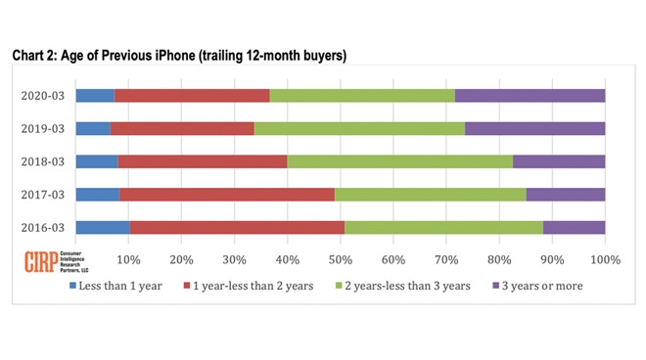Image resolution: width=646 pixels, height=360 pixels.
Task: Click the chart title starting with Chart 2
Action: pos(179,56)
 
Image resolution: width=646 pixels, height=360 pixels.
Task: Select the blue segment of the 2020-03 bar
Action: pos(94,95)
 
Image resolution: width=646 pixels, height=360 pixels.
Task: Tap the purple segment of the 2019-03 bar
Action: pos(534,128)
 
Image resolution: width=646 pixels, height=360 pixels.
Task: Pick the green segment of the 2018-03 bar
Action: pos(399,161)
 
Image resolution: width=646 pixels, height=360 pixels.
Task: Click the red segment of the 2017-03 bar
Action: pos(227,194)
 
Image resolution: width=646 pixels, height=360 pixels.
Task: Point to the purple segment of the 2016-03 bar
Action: pos(574,227)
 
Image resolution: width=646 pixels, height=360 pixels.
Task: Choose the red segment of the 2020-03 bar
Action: pos(192,95)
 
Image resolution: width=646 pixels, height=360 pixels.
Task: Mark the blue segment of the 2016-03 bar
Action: pos(102,227)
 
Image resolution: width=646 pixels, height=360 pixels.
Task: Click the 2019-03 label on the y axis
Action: pos(44,128)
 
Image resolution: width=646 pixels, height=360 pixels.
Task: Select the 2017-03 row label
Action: pos(44,195)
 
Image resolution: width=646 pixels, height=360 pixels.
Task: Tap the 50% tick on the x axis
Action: pos(340,259)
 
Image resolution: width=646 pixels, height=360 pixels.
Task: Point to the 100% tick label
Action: pos(605,259)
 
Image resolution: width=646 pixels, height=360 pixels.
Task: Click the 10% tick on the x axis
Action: pos(128,259)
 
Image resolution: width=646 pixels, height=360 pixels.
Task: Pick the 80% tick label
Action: pos(499,259)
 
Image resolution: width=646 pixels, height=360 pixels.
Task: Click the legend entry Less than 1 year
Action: pos(115,286)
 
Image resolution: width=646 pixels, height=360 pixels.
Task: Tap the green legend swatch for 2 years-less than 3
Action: pos(340,286)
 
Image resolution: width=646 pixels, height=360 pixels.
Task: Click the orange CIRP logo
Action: pos(40,261)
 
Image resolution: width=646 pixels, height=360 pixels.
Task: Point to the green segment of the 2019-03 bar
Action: pos(359,128)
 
